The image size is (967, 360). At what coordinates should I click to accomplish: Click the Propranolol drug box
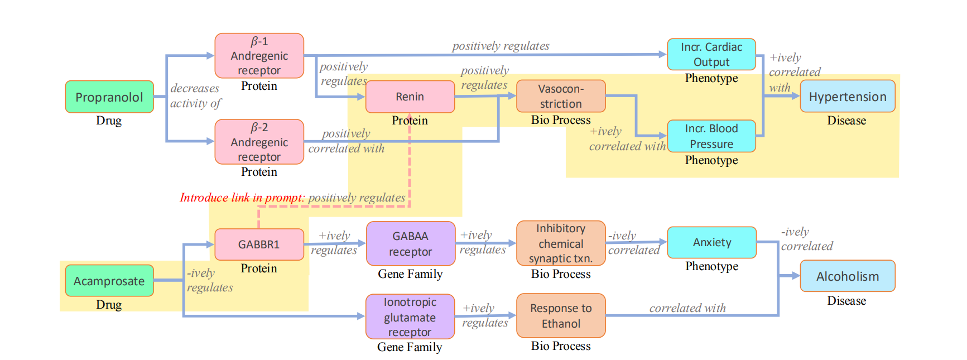(x=109, y=97)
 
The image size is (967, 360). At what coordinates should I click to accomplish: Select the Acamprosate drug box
(x=109, y=281)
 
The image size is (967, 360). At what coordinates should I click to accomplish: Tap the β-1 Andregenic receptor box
(x=259, y=56)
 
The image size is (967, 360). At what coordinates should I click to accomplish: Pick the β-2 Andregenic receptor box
(x=259, y=142)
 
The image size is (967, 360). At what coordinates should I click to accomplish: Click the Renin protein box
(x=410, y=97)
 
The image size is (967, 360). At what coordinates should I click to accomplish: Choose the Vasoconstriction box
(x=561, y=96)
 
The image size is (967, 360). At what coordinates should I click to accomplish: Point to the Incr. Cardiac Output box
(x=711, y=54)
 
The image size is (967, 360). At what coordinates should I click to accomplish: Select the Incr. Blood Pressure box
(x=711, y=136)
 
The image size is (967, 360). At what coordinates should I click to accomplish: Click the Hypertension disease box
(x=848, y=97)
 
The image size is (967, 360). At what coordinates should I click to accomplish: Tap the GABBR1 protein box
(x=259, y=244)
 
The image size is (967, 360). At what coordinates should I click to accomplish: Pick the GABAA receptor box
(x=410, y=244)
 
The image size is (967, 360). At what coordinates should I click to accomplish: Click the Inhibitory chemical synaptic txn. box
(x=561, y=243)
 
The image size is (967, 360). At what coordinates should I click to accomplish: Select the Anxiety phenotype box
(x=712, y=242)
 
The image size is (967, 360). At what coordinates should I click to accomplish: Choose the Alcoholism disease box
(x=848, y=276)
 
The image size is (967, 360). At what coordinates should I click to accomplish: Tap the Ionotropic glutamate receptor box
(x=410, y=317)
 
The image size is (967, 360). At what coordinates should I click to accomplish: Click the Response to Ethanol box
(x=561, y=316)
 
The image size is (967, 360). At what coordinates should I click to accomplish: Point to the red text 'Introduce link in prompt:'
(x=242, y=198)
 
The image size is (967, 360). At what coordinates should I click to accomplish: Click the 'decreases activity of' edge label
(x=195, y=96)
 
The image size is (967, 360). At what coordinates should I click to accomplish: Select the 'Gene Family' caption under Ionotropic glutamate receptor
(x=410, y=347)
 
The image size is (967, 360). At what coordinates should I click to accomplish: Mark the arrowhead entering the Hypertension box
(x=796, y=96)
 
